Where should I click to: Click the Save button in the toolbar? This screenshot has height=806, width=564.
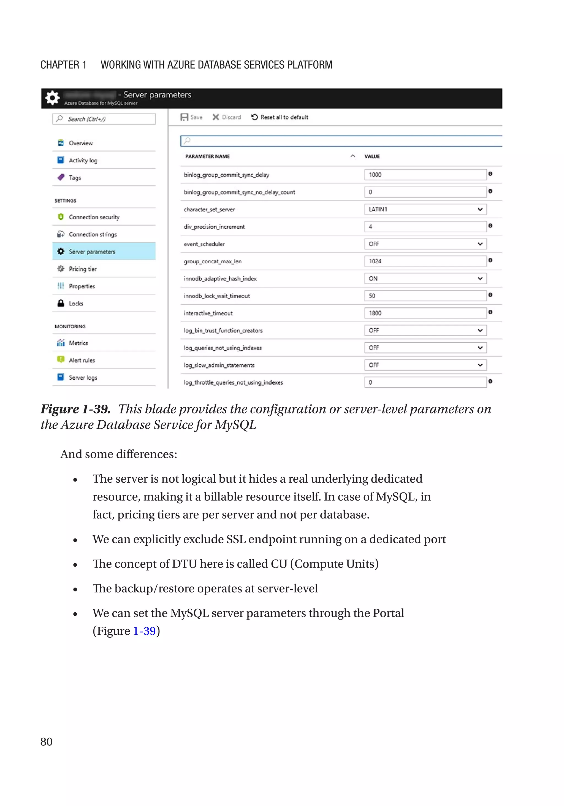point(191,117)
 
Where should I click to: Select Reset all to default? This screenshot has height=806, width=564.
point(280,117)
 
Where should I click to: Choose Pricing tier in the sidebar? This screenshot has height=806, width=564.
point(82,269)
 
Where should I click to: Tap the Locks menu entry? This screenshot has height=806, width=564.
point(76,303)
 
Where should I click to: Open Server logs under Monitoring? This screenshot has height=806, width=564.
point(83,377)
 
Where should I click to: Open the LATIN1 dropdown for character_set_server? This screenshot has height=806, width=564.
point(425,209)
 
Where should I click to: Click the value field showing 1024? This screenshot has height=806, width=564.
point(425,261)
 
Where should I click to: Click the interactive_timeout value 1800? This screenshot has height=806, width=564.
point(425,313)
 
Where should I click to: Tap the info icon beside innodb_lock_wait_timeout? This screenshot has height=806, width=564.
point(490,295)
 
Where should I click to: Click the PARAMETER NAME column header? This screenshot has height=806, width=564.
point(207,156)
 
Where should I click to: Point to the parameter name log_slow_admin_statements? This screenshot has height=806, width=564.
point(219,365)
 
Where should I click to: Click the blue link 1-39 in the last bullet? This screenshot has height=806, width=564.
point(144,631)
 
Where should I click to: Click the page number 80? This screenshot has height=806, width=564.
point(46,742)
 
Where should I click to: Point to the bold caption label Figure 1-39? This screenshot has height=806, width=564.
point(75,409)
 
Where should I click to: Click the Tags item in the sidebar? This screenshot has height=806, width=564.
point(75,178)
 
